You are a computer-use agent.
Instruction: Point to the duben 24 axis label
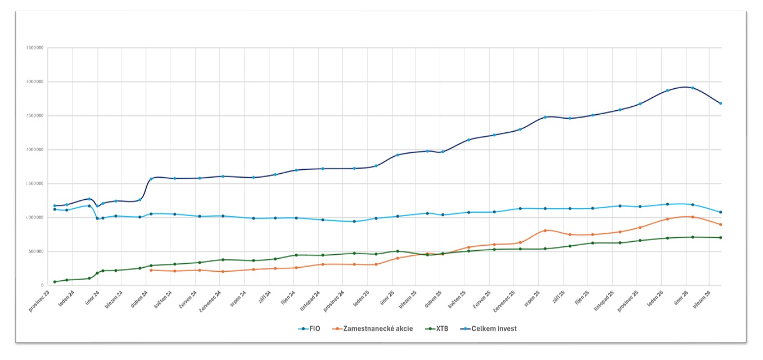point(139,297)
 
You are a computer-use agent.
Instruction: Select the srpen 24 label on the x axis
point(238,297)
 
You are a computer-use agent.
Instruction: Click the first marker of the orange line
point(151,271)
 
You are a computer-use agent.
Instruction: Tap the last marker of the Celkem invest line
point(720,103)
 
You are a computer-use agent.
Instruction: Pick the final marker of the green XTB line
point(720,237)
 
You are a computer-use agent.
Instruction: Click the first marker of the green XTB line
point(55,282)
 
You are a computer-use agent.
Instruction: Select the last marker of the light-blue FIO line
point(720,212)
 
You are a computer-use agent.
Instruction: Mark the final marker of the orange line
point(720,224)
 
